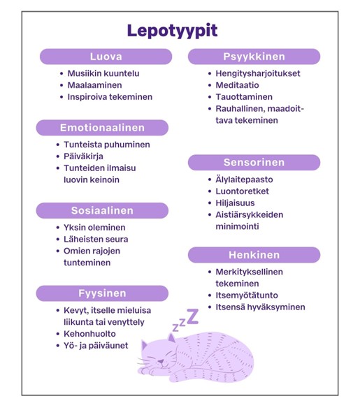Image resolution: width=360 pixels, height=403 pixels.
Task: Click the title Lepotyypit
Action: [x=172, y=31]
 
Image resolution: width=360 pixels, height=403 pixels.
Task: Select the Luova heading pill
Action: [x=106, y=57]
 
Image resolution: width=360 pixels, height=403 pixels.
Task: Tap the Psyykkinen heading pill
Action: [x=253, y=57]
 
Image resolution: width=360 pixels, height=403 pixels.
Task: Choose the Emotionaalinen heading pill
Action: [x=102, y=128]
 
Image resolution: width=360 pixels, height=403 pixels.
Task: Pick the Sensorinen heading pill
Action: [x=254, y=163]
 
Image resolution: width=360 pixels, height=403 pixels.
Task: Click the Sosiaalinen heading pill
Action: [x=102, y=210]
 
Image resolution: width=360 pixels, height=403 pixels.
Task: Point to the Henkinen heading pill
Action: [x=254, y=255]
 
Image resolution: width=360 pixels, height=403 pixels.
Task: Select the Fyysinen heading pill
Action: [x=102, y=293]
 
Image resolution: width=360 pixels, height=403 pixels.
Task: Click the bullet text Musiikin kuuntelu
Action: [x=103, y=73]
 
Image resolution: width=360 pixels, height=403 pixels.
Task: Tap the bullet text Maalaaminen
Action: [x=94, y=85]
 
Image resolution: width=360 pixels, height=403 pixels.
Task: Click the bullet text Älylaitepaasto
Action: [x=244, y=179]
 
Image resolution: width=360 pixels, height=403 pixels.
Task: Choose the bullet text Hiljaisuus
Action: [x=235, y=203]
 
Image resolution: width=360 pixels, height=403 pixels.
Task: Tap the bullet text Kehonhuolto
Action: [x=89, y=334]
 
